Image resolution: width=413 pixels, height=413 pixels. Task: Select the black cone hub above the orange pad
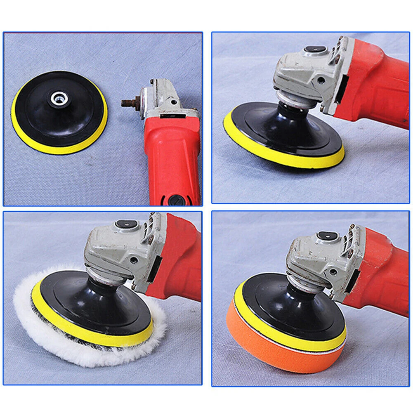301,295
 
